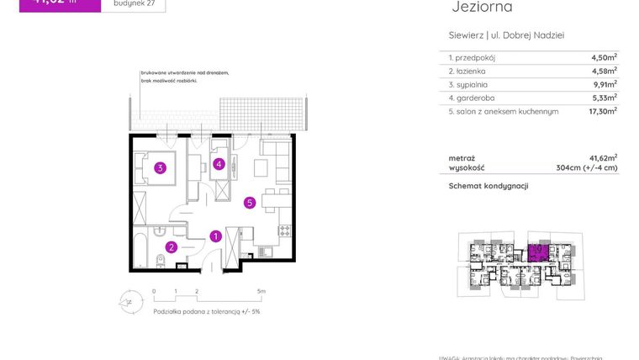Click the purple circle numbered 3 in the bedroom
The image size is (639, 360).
pyautogui.click(x=160, y=167)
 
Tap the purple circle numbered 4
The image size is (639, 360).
pyautogui.click(x=219, y=164)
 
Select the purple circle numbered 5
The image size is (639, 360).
pyautogui.click(x=250, y=202)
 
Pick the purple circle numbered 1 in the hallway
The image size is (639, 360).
pyautogui.click(x=216, y=236)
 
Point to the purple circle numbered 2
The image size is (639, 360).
pyautogui.click(x=171, y=247)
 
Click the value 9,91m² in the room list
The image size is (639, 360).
pyautogui.click(x=604, y=84)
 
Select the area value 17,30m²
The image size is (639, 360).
pyautogui.click(x=603, y=110)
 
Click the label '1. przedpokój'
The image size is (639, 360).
pyautogui.click(x=473, y=57)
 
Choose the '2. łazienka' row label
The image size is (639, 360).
pyautogui.click(x=470, y=71)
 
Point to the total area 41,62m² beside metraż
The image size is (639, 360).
pyautogui.click(x=603, y=157)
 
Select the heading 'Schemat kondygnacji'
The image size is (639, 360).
pyautogui.click(x=488, y=186)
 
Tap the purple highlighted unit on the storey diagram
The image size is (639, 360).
pyautogui.click(x=538, y=251)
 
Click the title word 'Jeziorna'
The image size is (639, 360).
pyautogui.click(x=482, y=8)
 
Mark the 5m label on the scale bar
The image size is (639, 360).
pyautogui.click(x=261, y=292)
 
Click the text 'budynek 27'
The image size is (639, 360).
pyautogui.click(x=133, y=3)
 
